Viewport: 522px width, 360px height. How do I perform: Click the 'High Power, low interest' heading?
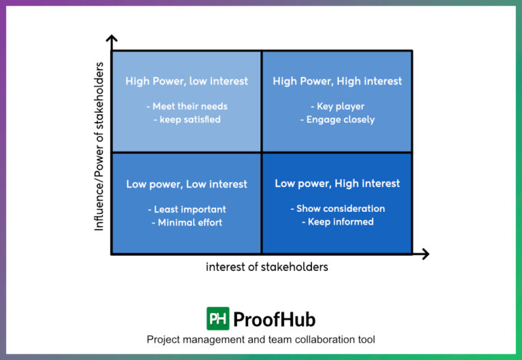[187, 81]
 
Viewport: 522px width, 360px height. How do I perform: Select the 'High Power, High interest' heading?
[337, 81]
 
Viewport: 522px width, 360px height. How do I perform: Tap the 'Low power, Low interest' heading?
[187, 184]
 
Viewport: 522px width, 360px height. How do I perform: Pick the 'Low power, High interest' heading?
[337, 183]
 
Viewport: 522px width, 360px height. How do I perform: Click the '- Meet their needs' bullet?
[187, 106]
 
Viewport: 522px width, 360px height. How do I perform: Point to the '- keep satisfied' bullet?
[187, 120]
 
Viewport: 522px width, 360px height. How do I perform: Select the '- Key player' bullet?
[337, 106]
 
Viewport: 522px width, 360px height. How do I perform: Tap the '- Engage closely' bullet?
[337, 120]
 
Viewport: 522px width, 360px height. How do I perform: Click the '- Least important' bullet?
[187, 209]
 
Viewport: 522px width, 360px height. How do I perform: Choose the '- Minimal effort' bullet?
[187, 222]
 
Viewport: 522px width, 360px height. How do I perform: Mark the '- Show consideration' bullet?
[337, 209]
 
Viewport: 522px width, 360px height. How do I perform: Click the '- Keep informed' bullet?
[337, 221]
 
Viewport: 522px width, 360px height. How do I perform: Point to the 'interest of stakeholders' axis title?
[267, 267]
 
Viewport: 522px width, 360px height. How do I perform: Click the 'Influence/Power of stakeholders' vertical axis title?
[99, 146]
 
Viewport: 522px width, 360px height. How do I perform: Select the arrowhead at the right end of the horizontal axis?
[424, 254]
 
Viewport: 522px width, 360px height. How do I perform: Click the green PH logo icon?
[217, 319]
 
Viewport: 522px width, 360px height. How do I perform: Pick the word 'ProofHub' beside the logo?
[274, 319]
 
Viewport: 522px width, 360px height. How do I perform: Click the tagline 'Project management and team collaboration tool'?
[261, 340]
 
